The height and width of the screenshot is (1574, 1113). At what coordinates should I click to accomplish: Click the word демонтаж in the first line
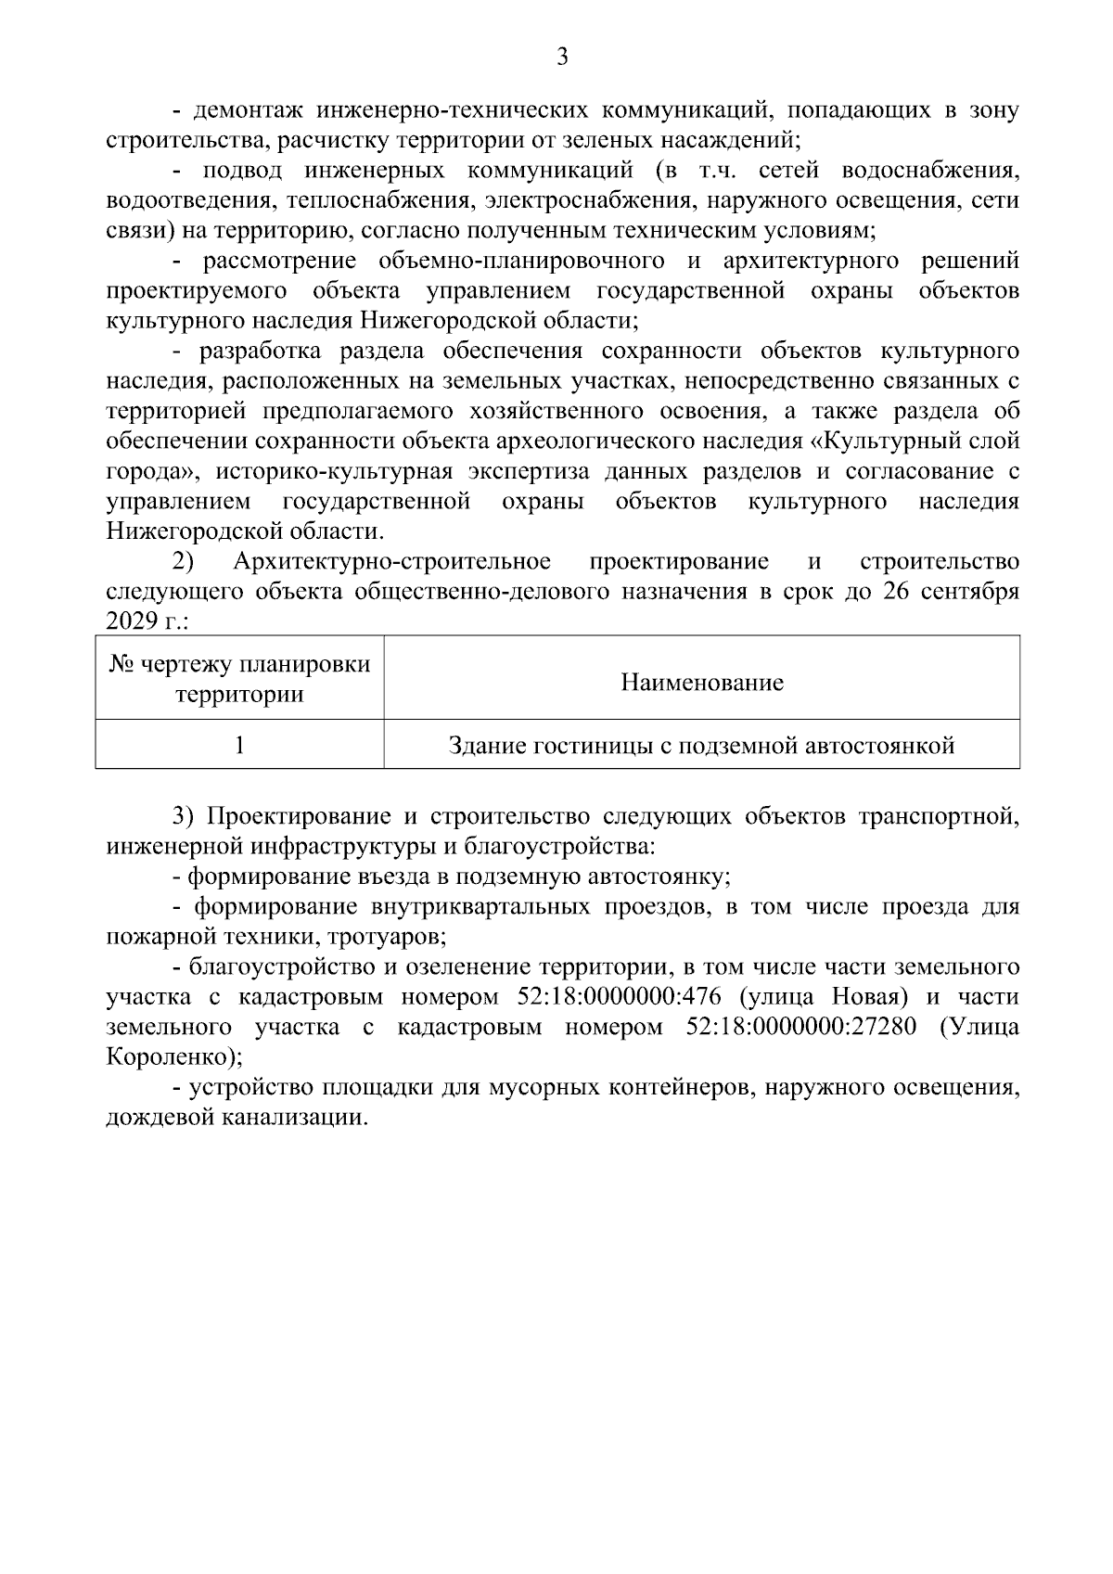point(247,111)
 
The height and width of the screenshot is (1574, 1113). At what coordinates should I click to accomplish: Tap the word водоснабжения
point(930,172)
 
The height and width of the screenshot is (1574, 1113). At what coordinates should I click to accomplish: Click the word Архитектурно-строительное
point(392,562)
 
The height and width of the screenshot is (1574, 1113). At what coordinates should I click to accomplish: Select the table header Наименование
point(701,684)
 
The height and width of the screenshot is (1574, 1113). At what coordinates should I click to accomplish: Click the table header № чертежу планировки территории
point(240,679)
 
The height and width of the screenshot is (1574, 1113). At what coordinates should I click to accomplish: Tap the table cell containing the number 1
point(240,746)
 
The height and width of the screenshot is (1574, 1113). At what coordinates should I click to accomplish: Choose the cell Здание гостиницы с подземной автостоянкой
point(701,746)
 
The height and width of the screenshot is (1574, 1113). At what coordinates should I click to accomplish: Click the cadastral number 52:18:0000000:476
point(615,998)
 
